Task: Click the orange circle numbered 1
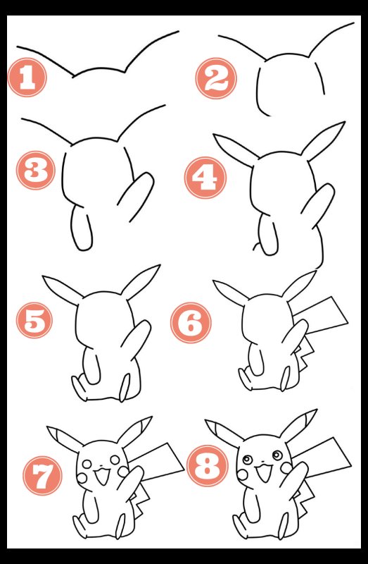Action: coord(27,78)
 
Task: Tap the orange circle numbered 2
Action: coord(216,78)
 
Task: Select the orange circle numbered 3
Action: coord(36,170)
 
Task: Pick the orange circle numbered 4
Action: coord(205,178)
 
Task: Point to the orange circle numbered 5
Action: coord(34,320)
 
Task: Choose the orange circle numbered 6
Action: coord(191,323)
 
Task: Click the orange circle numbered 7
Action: coord(42,475)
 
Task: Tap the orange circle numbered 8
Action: coord(208,466)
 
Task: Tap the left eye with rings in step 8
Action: coord(247,460)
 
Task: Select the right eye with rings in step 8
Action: coord(277,455)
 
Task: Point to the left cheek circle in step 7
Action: coord(82,478)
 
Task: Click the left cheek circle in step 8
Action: coord(242,474)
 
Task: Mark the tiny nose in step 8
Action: coord(262,461)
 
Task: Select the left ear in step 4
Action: coord(235,148)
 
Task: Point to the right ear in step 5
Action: coord(140,282)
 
